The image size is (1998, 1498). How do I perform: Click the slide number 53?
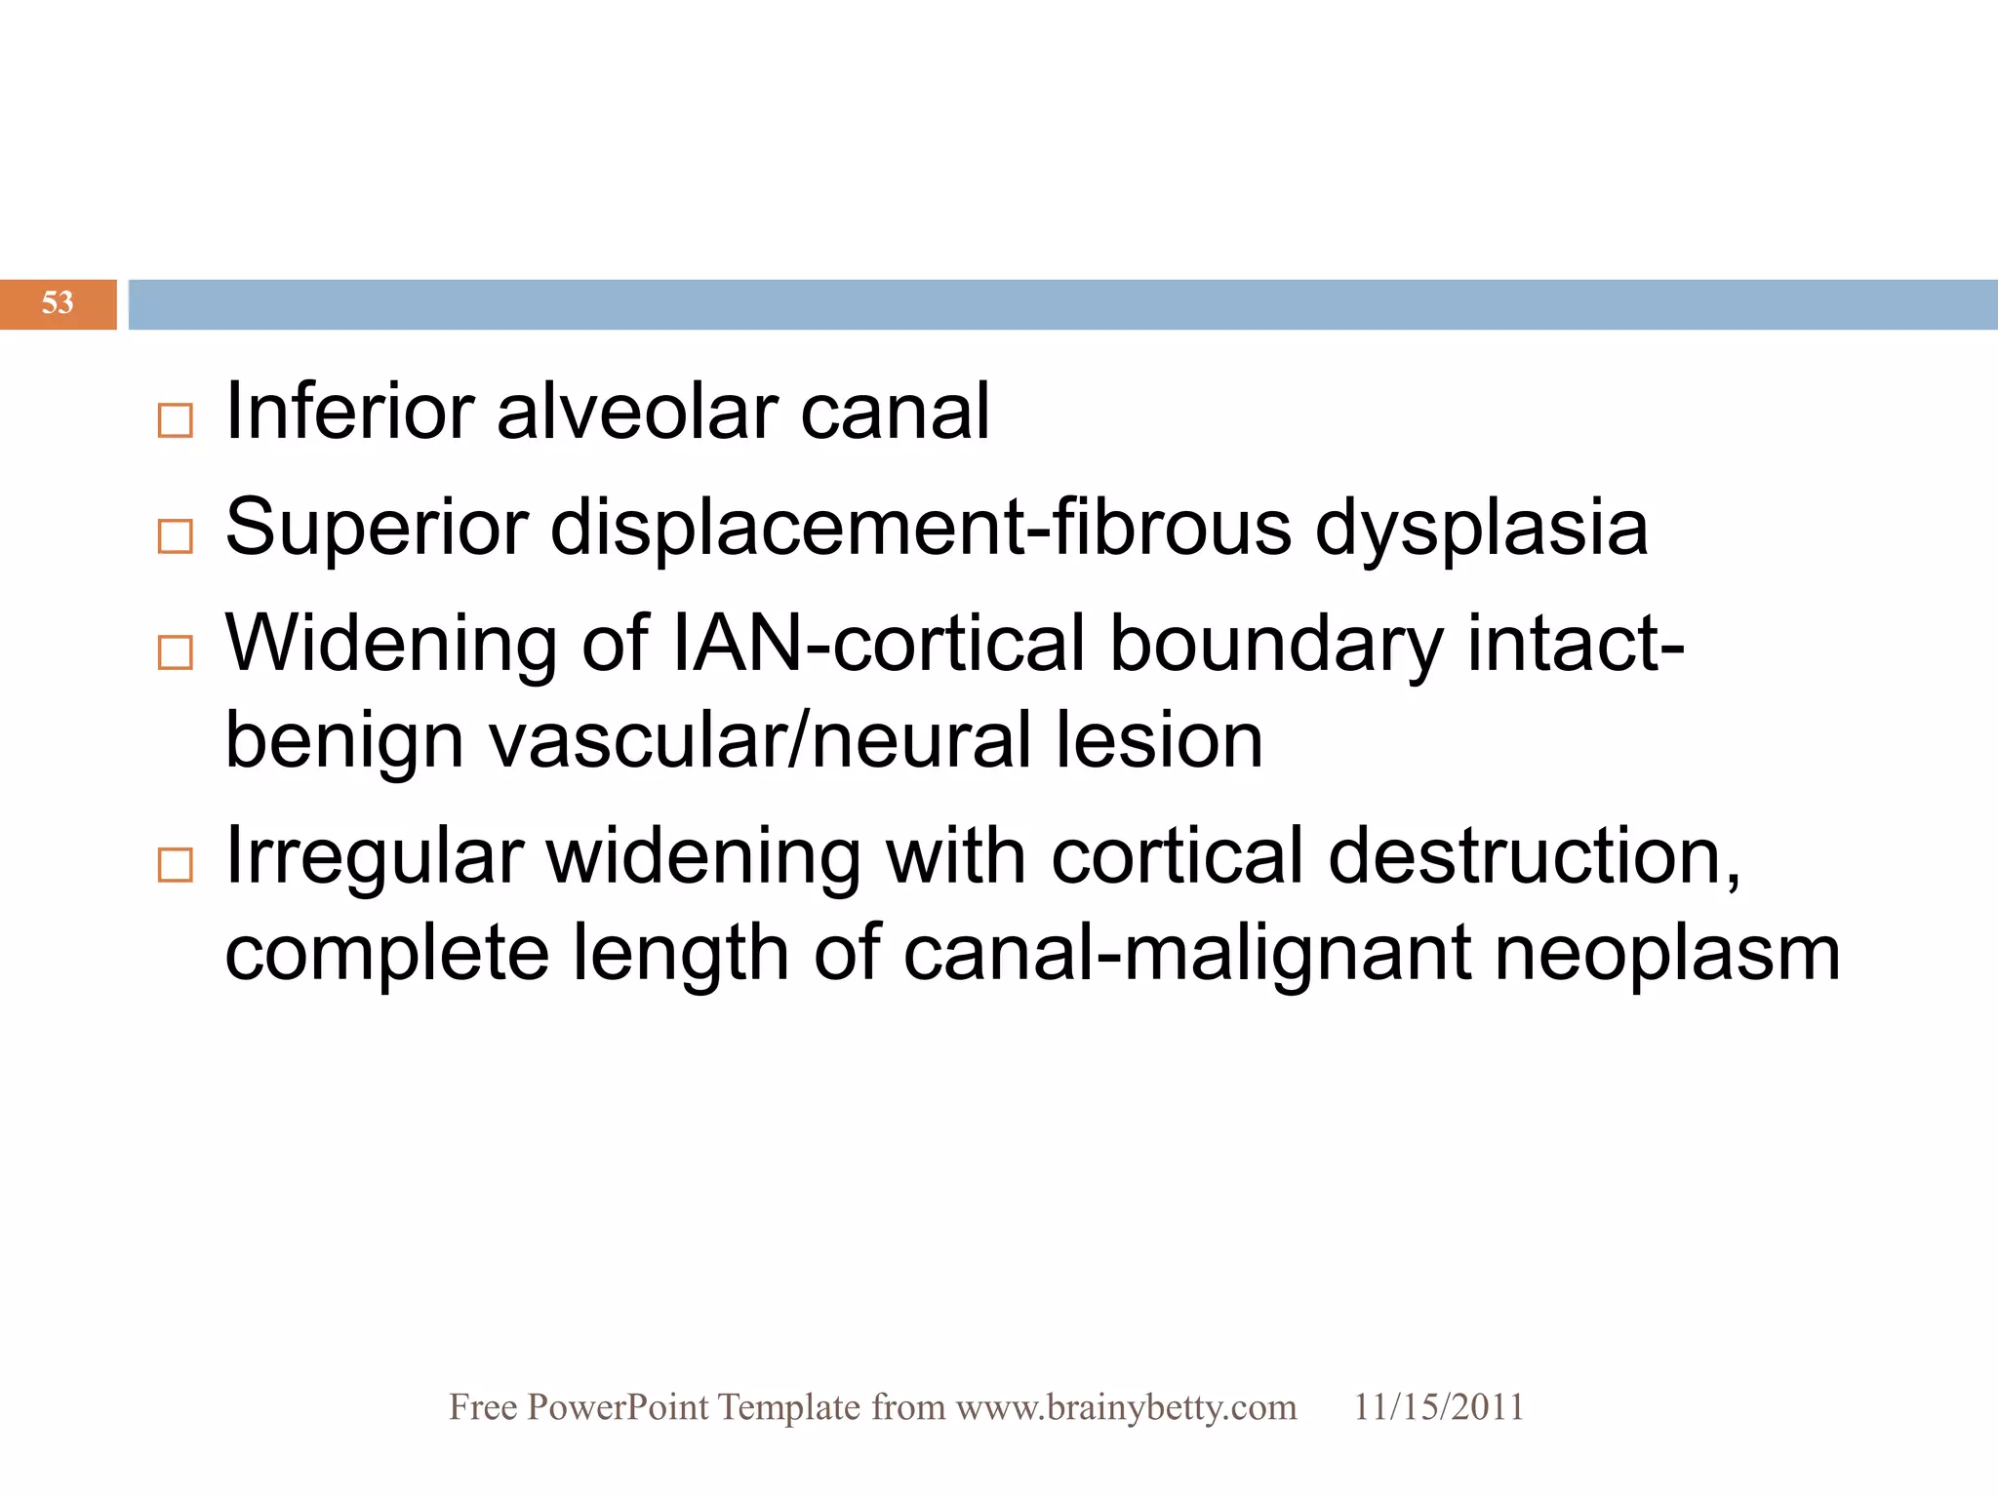tap(58, 302)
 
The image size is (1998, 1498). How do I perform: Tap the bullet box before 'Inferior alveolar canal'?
tap(176, 420)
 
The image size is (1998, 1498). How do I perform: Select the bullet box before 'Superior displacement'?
tap(176, 536)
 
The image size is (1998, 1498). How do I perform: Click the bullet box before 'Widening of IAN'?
tap(176, 651)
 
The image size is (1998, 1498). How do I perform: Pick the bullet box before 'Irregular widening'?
tap(176, 864)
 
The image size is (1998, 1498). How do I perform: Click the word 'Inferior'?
tap(349, 412)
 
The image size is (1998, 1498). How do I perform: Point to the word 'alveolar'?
tap(636, 412)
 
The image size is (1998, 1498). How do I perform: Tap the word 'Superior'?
tap(377, 528)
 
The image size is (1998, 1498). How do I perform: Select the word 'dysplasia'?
tap(1481, 528)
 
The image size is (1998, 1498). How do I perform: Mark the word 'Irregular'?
tap(374, 856)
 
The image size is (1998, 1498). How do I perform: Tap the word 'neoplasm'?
tap(1667, 953)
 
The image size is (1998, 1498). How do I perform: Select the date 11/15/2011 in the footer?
tap(1438, 1407)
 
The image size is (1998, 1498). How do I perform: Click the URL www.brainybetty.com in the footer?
tap(1126, 1407)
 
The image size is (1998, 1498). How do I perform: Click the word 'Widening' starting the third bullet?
tap(391, 644)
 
